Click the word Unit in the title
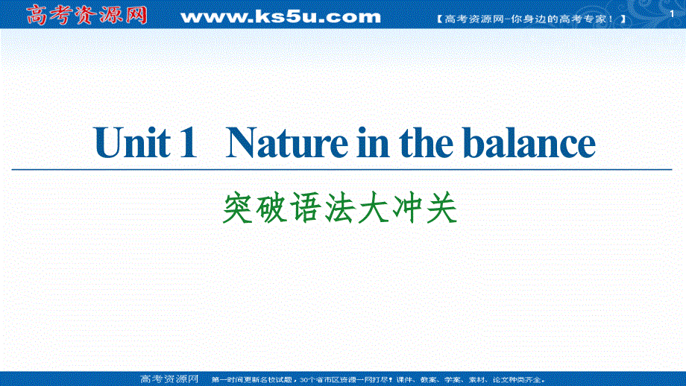tap(131, 143)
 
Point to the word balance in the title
tap(536, 143)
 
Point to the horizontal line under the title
tap(343, 170)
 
